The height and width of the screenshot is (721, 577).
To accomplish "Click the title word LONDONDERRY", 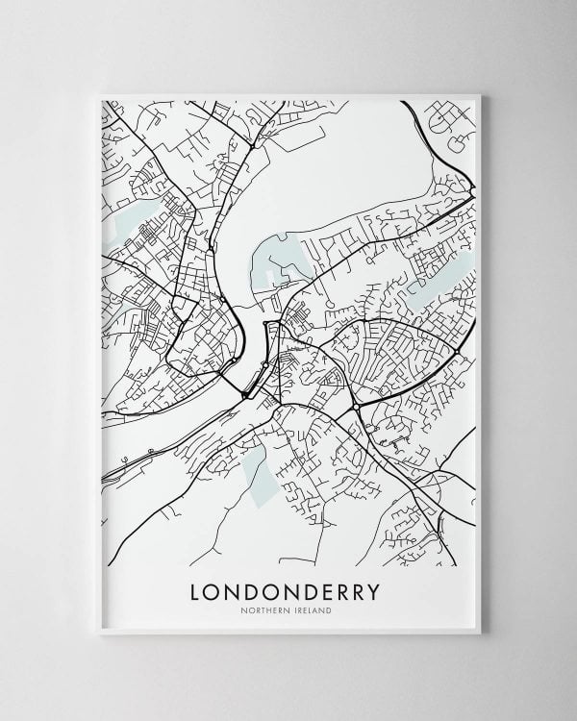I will [x=286, y=591].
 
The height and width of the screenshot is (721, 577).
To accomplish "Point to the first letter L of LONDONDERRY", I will [x=197, y=591].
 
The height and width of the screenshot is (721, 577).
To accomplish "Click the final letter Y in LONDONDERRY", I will [x=373, y=591].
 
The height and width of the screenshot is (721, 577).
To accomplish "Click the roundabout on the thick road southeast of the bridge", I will [x=356, y=409].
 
